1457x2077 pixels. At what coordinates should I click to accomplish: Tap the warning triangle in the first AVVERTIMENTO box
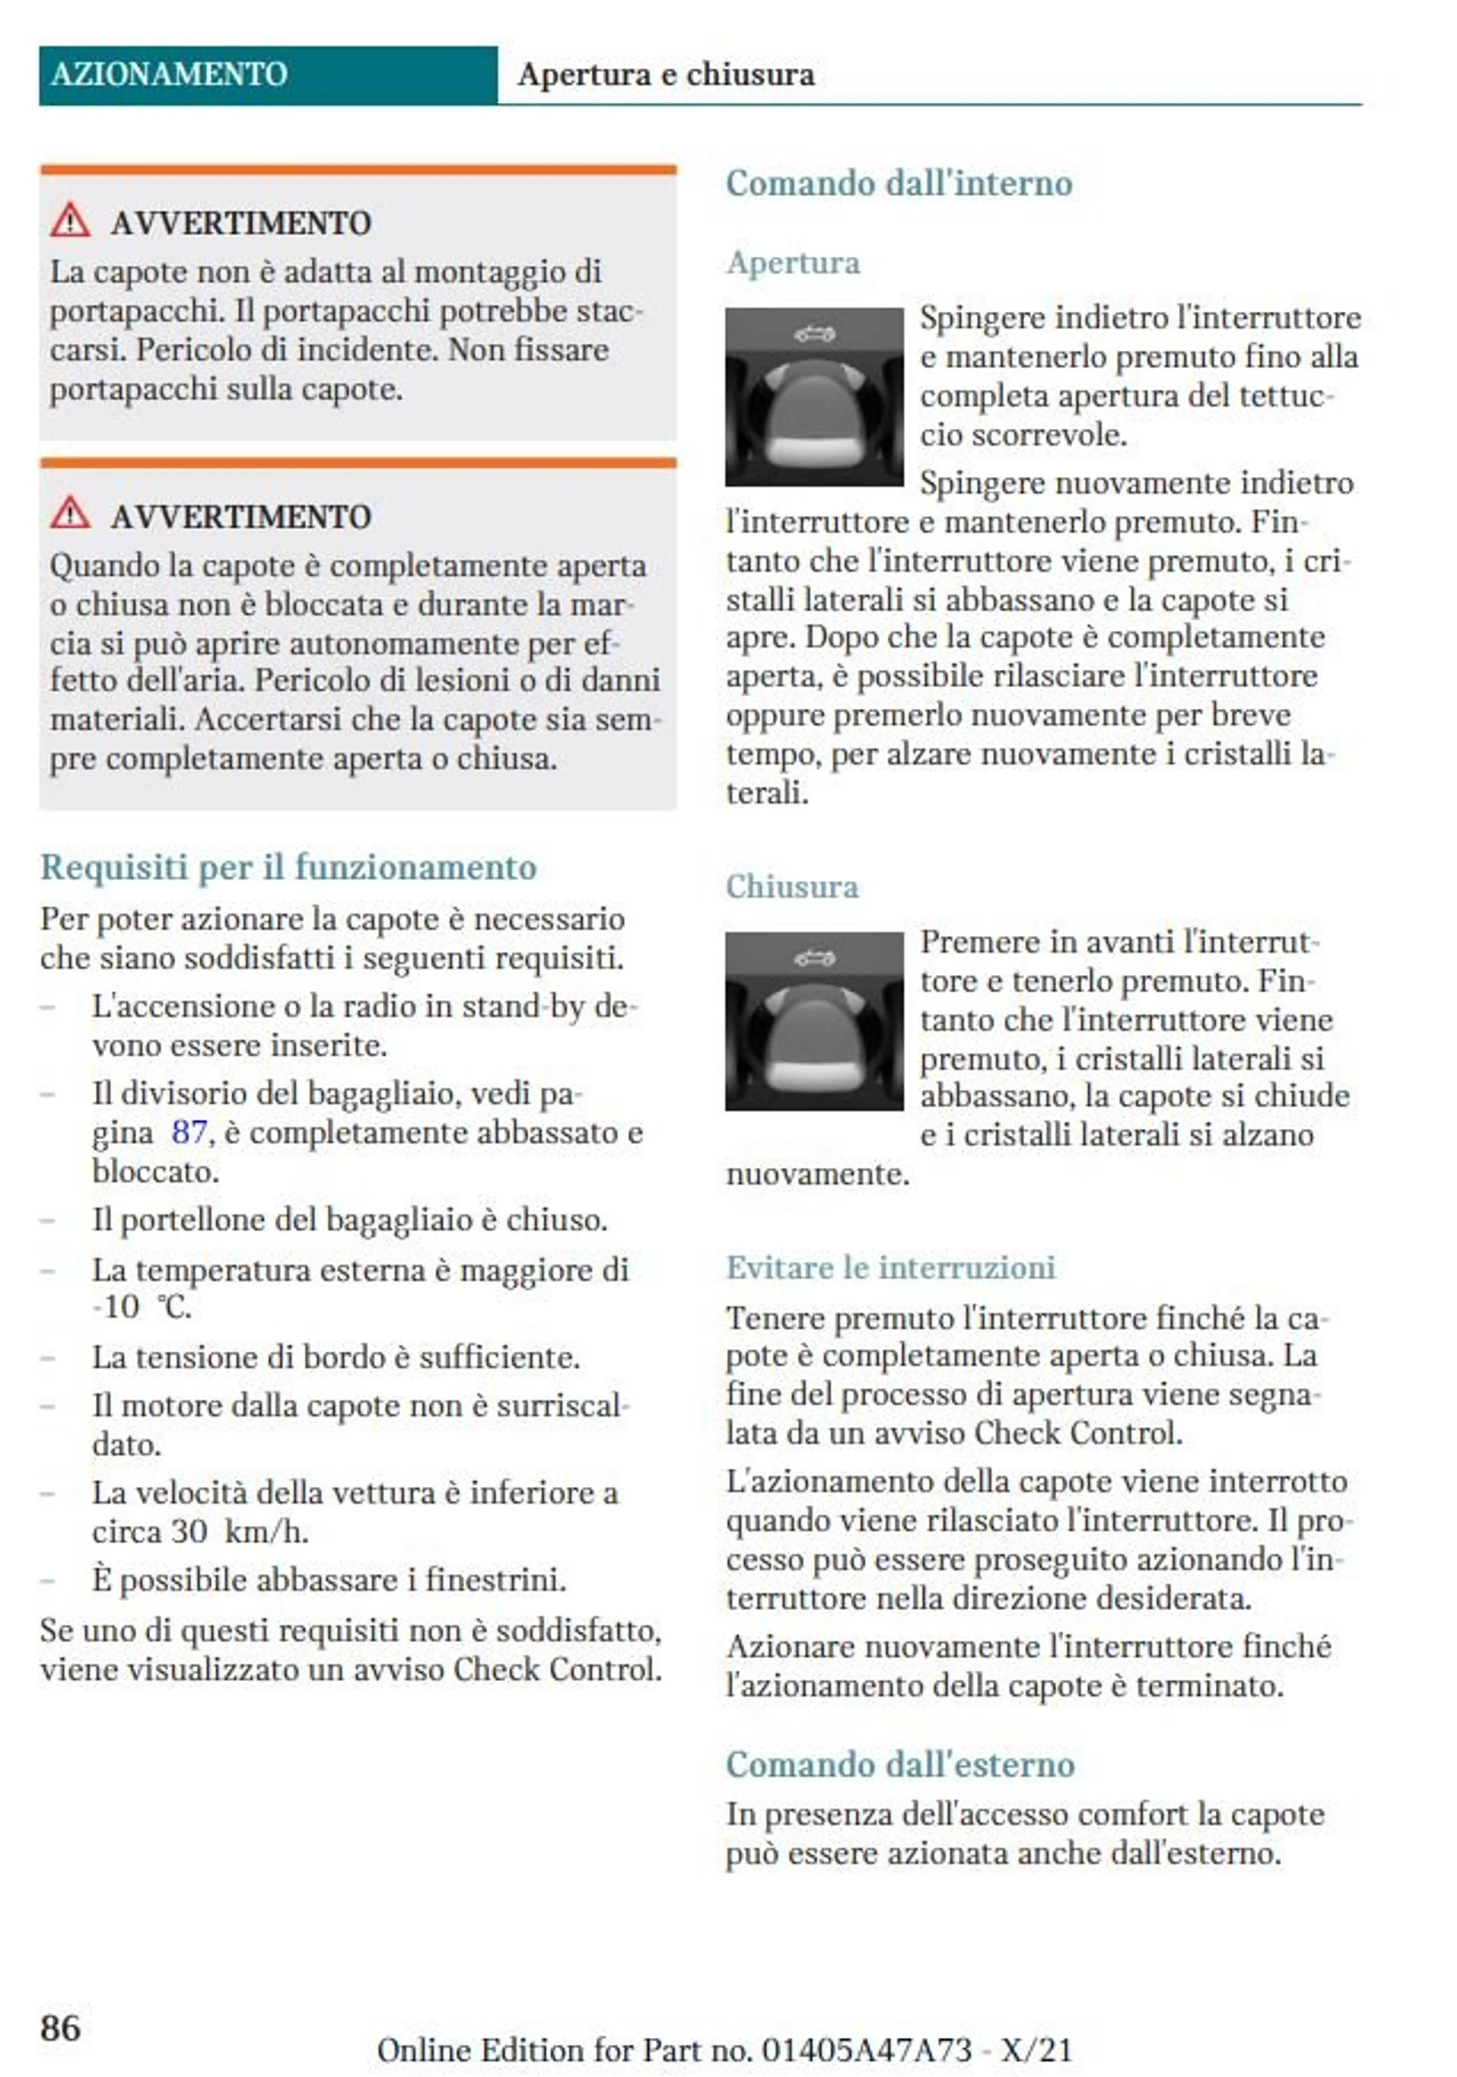pyautogui.click(x=70, y=221)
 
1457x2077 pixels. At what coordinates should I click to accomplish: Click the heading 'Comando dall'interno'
pyautogui.click(x=899, y=184)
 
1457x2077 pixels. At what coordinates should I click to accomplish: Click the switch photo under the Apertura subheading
pyautogui.click(x=814, y=397)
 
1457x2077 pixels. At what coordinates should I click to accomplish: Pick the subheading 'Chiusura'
pyautogui.click(x=792, y=887)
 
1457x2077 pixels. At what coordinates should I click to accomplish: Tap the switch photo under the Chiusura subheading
pyautogui.click(x=814, y=1021)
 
